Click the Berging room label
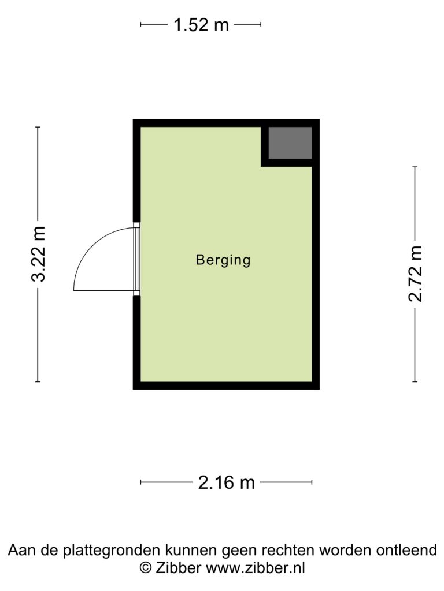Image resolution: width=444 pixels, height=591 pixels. (x=223, y=260)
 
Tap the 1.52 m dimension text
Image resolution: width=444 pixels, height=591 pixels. (x=201, y=25)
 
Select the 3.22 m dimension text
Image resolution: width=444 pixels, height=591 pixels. (x=38, y=255)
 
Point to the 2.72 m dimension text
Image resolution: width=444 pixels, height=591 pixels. (x=415, y=274)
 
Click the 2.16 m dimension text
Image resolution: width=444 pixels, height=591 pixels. (x=227, y=482)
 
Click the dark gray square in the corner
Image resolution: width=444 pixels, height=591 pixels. (x=290, y=143)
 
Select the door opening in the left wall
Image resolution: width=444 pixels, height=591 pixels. (x=136, y=259)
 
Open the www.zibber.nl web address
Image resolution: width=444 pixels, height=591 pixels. (x=255, y=567)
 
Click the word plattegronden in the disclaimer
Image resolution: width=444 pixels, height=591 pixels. (x=111, y=550)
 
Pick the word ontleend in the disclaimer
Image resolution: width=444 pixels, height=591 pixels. (x=406, y=550)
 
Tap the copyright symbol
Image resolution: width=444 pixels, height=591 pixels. (x=146, y=568)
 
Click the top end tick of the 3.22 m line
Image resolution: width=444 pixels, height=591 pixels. (x=38, y=127)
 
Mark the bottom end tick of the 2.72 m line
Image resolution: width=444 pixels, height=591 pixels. (x=415, y=382)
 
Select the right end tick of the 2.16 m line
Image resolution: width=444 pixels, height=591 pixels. (x=312, y=482)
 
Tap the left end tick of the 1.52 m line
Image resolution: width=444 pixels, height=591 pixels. (x=140, y=24)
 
